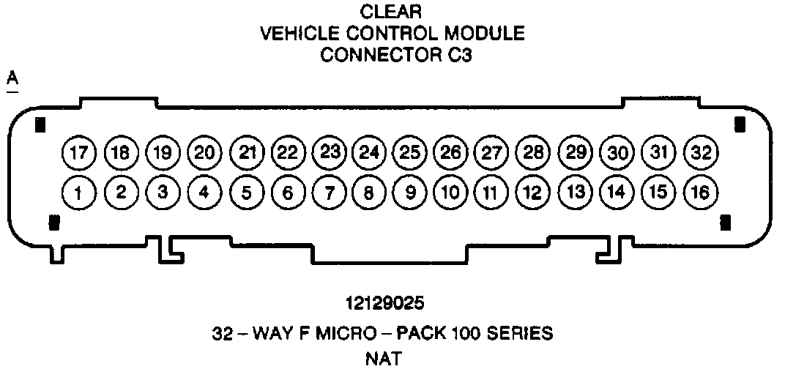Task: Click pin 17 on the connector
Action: coord(79,153)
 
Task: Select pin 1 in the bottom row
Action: coord(79,193)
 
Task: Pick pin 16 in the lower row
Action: coord(700,193)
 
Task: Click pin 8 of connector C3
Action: coord(369,193)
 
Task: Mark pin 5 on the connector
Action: coord(247,193)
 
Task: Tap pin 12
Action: coord(534,193)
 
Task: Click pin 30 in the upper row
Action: coord(617,153)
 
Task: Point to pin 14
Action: coord(617,193)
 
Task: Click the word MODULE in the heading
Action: coord(491,34)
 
